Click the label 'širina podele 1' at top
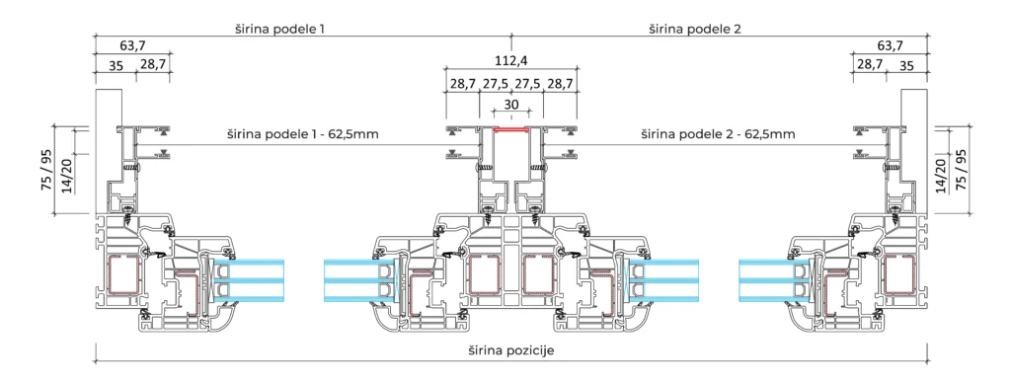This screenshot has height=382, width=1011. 279,29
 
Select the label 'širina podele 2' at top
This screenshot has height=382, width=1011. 695,29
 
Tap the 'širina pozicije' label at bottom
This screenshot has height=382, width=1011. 511,351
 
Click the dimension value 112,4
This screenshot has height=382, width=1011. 511,60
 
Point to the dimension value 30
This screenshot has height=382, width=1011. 511,105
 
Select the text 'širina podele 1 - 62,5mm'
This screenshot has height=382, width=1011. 302,134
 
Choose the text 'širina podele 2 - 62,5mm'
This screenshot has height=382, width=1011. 718,134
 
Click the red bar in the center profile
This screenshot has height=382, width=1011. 511,130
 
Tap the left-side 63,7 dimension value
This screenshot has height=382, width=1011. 133,45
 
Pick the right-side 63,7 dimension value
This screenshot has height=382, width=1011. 890,45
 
